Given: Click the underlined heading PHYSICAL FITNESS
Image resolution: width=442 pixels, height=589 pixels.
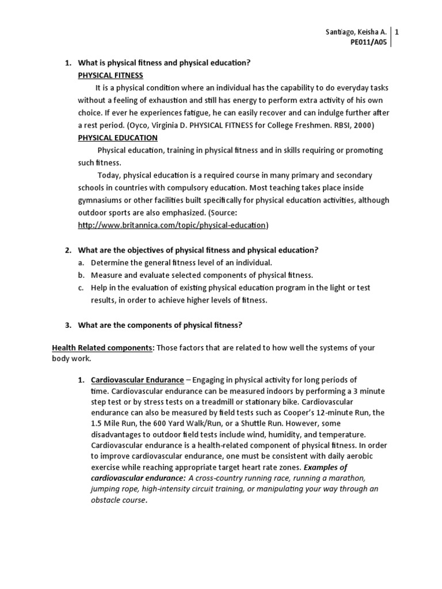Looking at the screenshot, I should tap(110, 75).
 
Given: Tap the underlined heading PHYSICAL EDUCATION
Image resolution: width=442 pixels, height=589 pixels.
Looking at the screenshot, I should tap(117, 137).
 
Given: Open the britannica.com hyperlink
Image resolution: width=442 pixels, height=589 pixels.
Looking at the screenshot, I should tap(173, 225).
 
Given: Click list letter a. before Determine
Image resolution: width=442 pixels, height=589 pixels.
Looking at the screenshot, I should tap(81, 262).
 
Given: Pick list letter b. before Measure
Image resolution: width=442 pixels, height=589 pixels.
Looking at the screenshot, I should tap(81, 275).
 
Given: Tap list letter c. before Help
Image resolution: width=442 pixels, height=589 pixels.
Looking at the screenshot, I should tap(81, 288).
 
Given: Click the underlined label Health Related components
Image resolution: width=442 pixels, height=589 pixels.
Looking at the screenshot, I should tap(103, 347).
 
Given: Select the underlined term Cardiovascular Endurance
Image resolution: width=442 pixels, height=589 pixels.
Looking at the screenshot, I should tap(137, 380).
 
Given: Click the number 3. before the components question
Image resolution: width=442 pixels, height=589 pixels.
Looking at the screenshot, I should tap(67, 325).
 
